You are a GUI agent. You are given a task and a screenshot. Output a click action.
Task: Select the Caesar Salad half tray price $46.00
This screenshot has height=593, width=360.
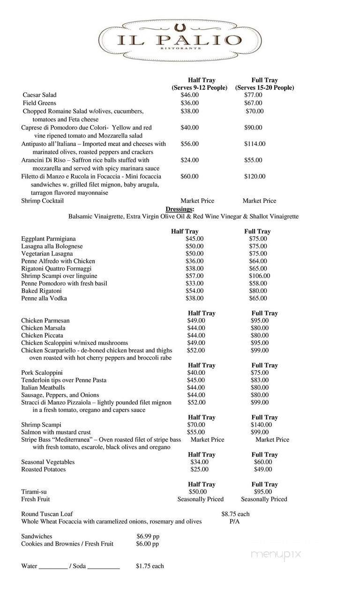click(190, 95)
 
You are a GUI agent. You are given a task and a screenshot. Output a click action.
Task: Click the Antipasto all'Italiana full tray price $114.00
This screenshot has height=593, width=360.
click(255, 144)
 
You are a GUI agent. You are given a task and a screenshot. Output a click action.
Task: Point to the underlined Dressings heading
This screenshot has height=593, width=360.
click(180, 209)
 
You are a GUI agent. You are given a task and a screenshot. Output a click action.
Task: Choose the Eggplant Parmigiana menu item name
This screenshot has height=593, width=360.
click(48, 239)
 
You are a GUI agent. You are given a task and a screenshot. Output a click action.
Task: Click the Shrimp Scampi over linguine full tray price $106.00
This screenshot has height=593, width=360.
click(259, 276)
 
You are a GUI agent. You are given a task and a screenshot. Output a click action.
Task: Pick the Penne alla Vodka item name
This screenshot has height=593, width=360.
click(44, 298)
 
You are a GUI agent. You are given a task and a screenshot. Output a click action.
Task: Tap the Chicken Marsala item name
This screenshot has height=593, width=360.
click(43, 328)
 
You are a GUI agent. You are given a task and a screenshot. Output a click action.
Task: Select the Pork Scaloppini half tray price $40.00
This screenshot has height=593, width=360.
click(196, 373)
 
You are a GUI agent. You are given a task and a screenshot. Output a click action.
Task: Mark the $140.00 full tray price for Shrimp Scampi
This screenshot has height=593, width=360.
click(261, 425)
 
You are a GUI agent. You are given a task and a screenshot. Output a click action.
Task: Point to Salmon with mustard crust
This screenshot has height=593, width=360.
click(56, 432)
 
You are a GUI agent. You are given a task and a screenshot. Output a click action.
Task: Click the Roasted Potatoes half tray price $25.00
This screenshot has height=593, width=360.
click(199, 469)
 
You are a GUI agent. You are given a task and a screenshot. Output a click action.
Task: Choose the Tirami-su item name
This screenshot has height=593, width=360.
click(34, 492)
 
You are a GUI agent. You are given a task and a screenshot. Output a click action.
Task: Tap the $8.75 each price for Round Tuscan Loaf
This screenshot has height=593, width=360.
click(235, 514)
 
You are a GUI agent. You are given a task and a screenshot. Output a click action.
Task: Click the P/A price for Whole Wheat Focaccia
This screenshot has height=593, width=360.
click(234, 522)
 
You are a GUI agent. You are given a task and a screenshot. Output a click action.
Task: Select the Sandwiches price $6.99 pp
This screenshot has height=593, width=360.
click(148, 536)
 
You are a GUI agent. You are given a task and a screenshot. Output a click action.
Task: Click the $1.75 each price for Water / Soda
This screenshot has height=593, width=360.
click(150, 566)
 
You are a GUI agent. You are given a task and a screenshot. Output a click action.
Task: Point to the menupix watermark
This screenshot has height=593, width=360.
click(276, 555)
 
